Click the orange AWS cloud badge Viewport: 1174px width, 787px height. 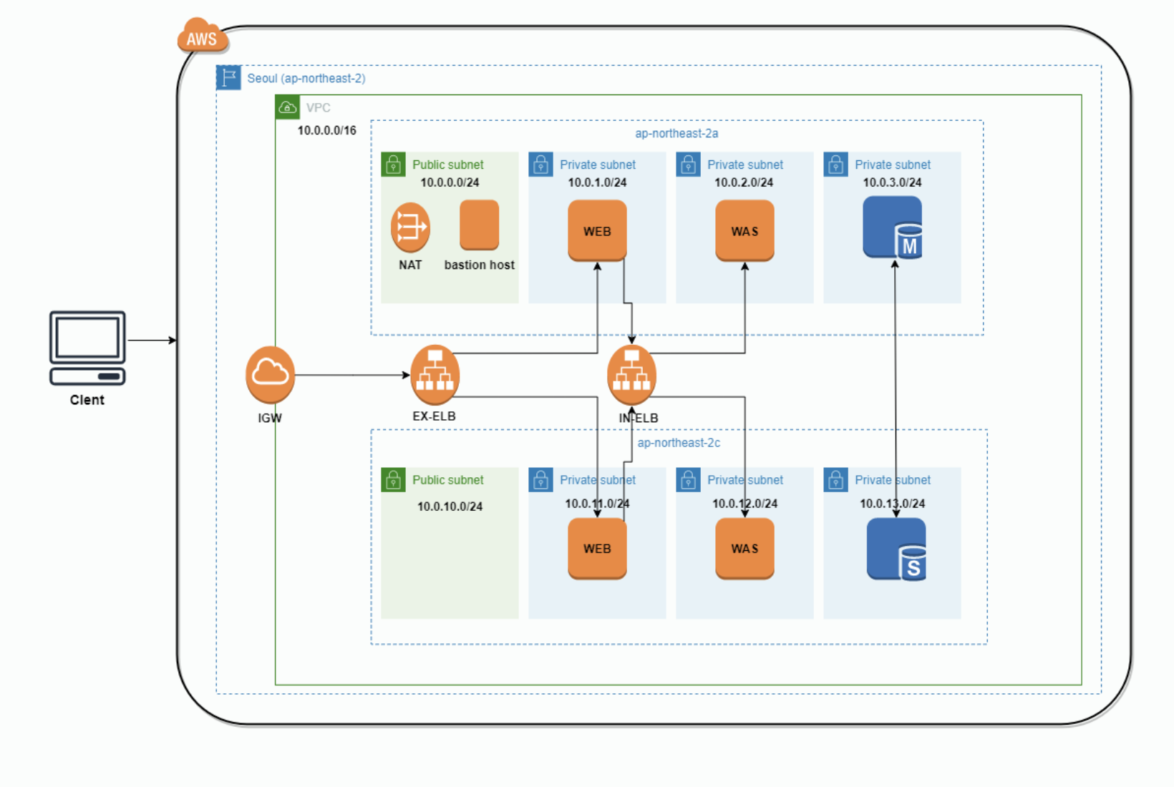point(203,36)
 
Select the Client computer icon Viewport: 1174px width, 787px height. point(87,348)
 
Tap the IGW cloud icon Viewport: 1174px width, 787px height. point(270,375)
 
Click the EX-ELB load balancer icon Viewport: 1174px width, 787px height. point(435,375)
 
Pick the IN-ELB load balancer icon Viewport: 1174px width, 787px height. point(631,375)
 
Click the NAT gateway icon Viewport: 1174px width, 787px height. point(410,228)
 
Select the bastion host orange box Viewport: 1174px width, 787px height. point(479,225)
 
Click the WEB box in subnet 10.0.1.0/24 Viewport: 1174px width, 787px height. point(597,230)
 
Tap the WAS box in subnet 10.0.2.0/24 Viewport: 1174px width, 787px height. point(744,230)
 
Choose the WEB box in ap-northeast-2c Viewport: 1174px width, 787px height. point(597,549)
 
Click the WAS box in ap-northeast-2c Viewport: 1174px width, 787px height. point(744,549)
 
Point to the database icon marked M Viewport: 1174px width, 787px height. point(893,228)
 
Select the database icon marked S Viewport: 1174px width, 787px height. point(896,549)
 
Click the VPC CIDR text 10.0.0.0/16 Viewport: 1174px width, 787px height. point(327,130)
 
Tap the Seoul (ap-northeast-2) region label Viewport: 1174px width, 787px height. point(306,78)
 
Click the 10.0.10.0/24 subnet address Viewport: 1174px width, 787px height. point(450,507)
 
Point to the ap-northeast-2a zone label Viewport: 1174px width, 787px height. point(676,133)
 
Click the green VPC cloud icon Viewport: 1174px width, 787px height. point(287,107)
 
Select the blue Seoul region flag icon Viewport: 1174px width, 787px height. point(228,77)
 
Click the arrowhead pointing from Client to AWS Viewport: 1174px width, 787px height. point(173,340)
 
